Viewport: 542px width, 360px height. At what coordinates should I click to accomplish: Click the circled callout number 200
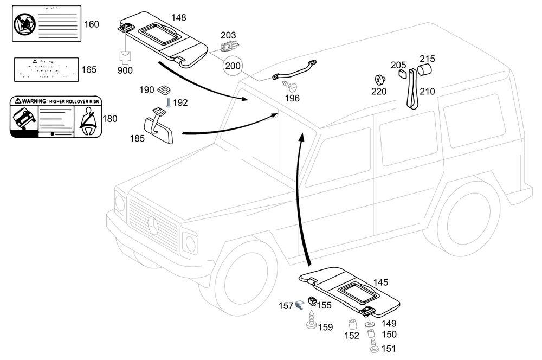tap(233, 66)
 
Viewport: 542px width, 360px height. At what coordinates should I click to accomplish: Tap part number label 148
tap(179, 18)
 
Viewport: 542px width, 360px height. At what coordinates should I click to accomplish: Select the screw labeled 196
tap(292, 87)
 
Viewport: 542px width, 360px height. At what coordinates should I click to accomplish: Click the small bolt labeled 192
tap(169, 102)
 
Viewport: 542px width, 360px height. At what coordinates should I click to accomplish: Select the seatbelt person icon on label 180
tap(87, 120)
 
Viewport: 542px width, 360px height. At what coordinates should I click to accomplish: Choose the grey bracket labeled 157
tap(299, 307)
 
